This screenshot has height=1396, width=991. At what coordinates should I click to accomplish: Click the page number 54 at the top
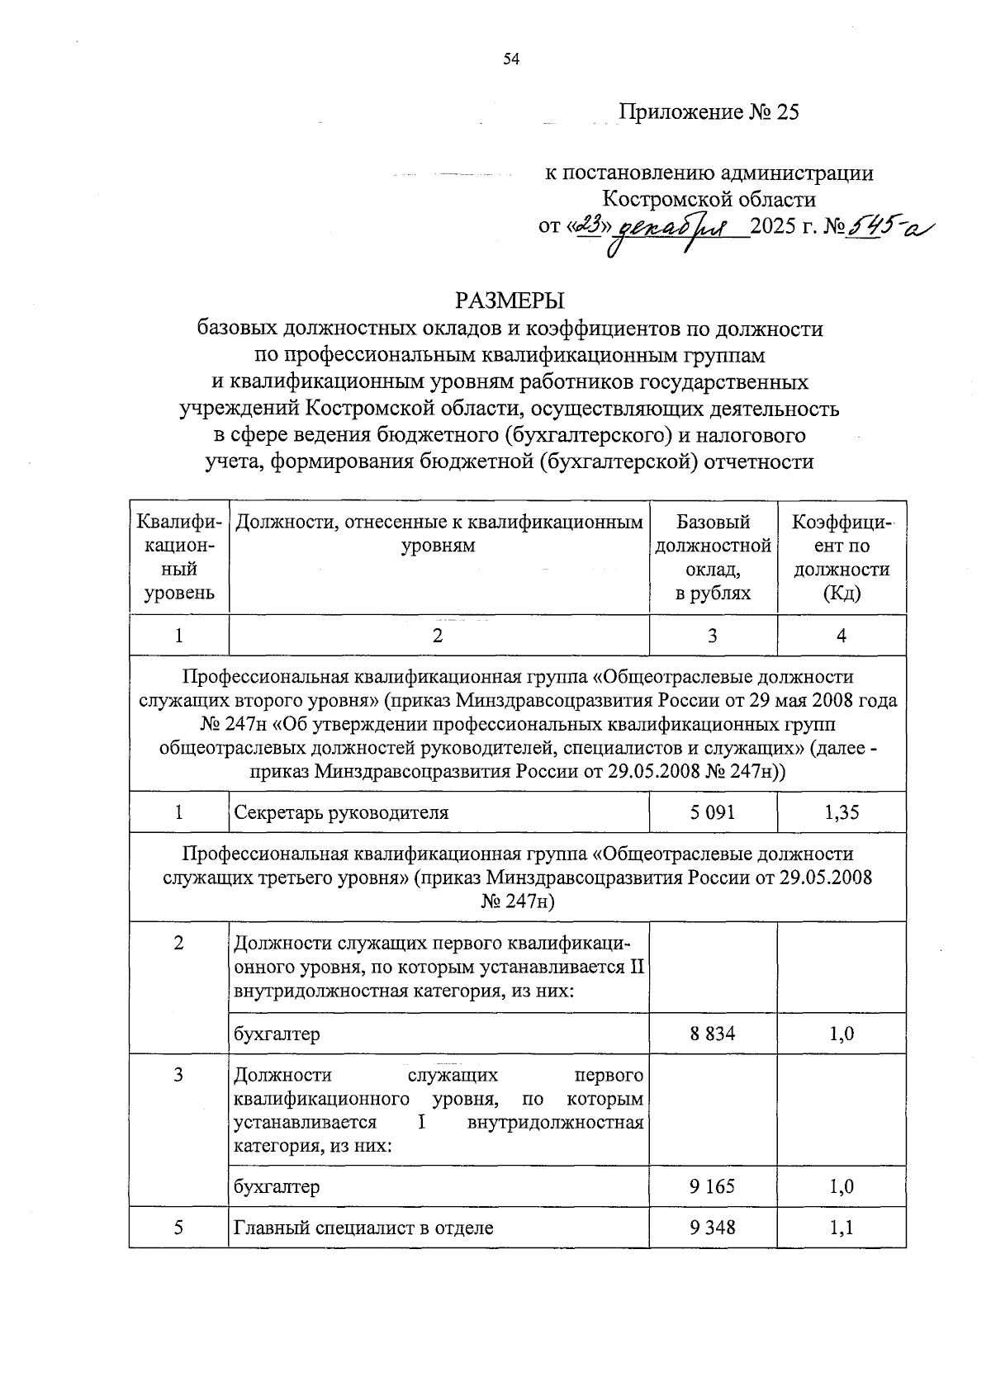tap(510, 59)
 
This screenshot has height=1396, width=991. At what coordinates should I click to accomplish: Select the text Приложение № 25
tap(709, 112)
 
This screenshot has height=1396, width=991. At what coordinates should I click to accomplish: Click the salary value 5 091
tap(712, 812)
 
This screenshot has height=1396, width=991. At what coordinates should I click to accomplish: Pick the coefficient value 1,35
tap(842, 812)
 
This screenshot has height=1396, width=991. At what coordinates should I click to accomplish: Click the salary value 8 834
tap(712, 1034)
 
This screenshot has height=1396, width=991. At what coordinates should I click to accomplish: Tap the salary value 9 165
tap(712, 1186)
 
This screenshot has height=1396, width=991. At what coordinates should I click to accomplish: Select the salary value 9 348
tap(712, 1228)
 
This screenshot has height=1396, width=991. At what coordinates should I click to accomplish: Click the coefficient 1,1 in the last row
tap(842, 1228)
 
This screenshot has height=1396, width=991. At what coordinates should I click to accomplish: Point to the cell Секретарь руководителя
tap(341, 812)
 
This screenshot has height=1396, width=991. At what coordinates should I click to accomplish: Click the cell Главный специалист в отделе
tap(363, 1228)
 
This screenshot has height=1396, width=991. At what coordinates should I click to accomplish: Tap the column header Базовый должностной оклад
tap(713, 557)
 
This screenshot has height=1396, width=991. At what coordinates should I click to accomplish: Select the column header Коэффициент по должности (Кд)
tap(842, 557)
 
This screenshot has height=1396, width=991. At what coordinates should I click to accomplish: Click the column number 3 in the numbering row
tap(712, 636)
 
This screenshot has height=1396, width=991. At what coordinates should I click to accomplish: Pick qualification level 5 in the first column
tap(178, 1228)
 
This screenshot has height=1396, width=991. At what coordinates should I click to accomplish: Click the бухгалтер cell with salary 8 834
tap(277, 1034)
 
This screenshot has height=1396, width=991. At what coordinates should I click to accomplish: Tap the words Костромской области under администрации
tap(709, 199)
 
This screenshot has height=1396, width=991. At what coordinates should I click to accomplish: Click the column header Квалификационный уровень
tap(178, 557)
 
